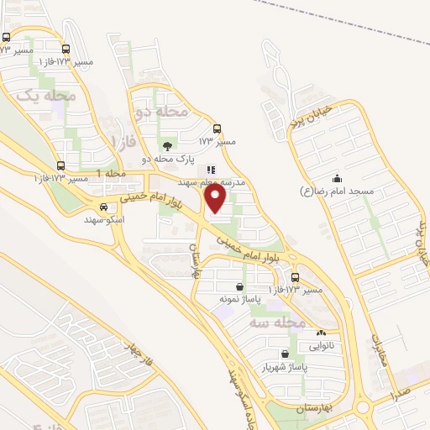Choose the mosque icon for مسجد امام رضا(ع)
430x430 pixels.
pyautogui.click(x=337, y=178)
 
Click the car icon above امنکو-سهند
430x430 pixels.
pyautogui.click(x=103, y=207)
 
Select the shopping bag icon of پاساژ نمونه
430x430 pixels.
pyautogui.click(x=241, y=286)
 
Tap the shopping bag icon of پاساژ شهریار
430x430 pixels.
pyautogui.click(x=287, y=354)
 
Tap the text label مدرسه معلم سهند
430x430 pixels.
pyautogui.click(x=211, y=181)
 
